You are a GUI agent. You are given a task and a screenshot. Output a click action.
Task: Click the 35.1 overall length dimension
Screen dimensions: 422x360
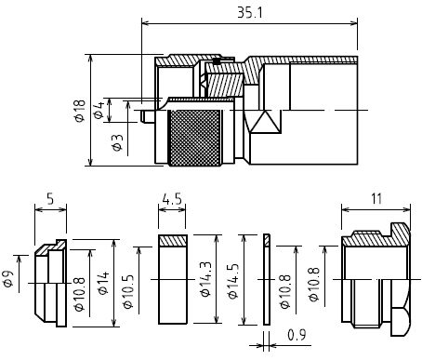coord(250,13)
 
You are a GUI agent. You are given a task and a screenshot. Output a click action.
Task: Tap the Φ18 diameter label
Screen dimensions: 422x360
coord(80,111)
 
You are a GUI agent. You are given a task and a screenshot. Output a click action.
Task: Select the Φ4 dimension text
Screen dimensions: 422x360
coord(99,110)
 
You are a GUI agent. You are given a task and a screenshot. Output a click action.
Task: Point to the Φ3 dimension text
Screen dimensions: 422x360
coord(118,142)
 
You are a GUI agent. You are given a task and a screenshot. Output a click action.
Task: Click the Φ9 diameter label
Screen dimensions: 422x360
coord(8,279)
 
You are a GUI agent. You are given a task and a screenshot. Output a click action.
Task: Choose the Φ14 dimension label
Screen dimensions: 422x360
coord(103,283)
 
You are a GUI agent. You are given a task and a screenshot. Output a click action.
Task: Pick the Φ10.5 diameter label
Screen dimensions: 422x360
coord(128,292)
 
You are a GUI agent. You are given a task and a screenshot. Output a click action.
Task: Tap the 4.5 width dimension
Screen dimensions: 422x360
coord(172,199)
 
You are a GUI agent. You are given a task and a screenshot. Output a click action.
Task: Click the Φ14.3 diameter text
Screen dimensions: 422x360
coord(206,279)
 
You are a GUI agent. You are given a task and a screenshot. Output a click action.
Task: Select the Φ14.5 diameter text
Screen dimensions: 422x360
coord(233,281)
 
